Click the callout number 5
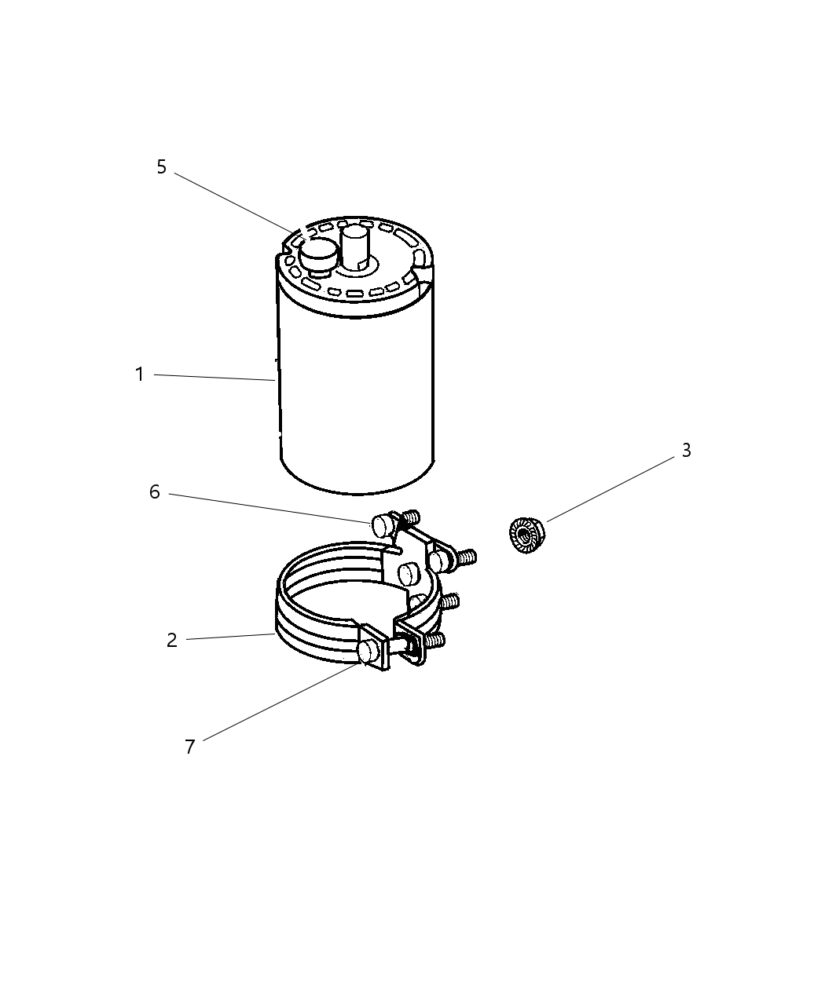(162, 166)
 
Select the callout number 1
(140, 374)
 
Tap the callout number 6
(155, 492)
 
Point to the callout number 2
(172, 640)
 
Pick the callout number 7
(190, 747)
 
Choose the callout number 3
(687, 450)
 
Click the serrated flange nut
(526, 535)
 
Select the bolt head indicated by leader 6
(383, 526)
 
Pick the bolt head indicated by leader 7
(368, 652)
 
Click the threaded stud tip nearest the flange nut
(464, 557)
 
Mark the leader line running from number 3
(610, 489)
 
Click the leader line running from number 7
(281, 702)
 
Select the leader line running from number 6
(270, 508)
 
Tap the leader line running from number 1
(214, 378)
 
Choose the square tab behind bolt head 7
(376, 647)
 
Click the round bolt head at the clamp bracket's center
(409, 575)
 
